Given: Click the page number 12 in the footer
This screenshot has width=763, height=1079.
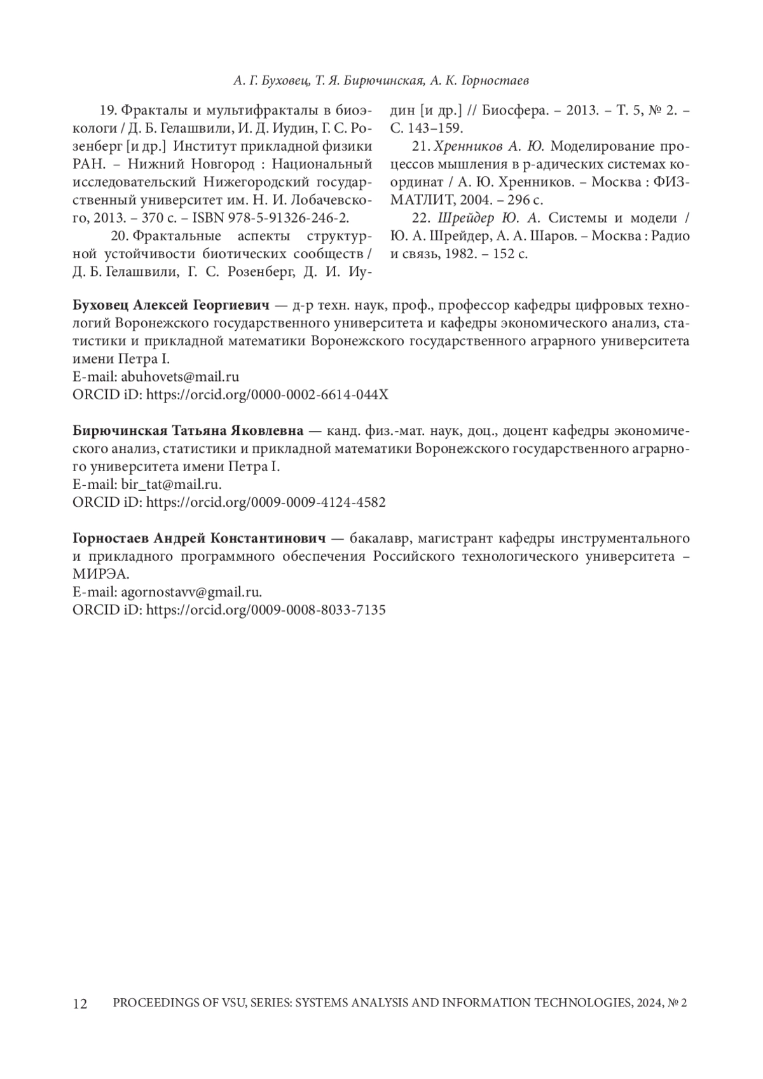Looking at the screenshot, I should (x=80, y=1004).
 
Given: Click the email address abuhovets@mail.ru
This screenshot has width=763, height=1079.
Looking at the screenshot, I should (x=179, y=376).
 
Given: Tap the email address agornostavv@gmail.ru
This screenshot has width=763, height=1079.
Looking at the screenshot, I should (x=190, y=592).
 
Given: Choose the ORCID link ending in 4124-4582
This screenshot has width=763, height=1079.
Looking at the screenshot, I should (x=266, y=502).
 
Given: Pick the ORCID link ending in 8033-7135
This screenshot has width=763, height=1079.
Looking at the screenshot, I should (x=266, y=610).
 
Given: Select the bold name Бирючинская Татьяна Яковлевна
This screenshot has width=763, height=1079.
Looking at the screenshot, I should (x=188, y=430).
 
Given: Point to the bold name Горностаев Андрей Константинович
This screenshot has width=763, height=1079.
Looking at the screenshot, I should (x=200, y=539).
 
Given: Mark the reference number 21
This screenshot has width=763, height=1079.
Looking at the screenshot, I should (x=420, y=146).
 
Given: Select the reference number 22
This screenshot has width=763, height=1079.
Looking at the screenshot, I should (x=420, y=218).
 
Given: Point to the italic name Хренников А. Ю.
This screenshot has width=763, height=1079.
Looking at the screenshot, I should (x=488, y=146).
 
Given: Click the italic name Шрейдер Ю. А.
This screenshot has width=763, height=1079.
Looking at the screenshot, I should (x=488, y=218).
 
